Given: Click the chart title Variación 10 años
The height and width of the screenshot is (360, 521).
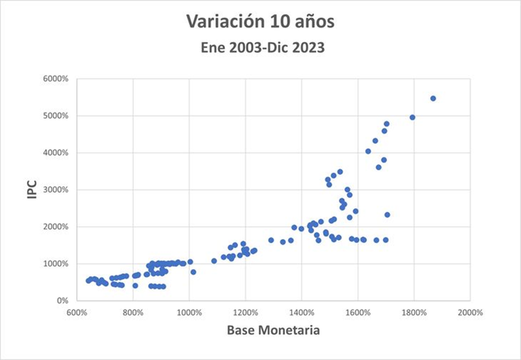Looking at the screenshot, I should [260, 22].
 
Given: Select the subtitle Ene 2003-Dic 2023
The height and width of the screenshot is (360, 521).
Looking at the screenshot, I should [260, 49].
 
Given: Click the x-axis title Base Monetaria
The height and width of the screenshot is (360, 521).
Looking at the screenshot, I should [273, 330].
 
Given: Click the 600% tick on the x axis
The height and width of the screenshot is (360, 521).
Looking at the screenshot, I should [77, 312].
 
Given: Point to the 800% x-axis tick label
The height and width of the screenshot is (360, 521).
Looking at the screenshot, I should [133, 312].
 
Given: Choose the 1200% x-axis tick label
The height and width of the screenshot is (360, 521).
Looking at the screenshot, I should [246, 312].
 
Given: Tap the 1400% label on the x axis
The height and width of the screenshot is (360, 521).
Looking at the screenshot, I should [302, 312].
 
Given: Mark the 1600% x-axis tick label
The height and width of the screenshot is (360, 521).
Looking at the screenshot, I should [358, 312].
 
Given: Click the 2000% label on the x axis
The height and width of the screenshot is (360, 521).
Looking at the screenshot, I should [471, 312].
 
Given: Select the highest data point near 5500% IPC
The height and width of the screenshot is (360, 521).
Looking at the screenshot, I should [433, 99].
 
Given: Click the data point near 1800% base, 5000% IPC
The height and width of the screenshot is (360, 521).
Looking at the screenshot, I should [413, 117].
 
